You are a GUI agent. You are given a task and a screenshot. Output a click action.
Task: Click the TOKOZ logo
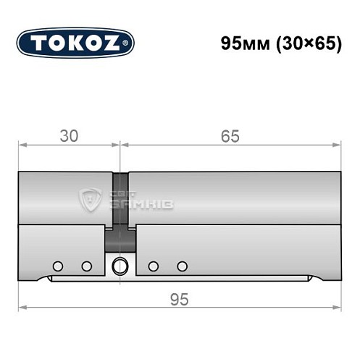tap(75, 42)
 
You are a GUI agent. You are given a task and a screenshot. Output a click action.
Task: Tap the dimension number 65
tap(230, 135)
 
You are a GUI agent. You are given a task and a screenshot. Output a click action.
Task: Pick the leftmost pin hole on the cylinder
tap(58, 266)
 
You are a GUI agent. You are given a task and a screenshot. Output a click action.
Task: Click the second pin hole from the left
tap(86, 266)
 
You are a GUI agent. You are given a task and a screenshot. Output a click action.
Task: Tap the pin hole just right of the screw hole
tap(153, 266)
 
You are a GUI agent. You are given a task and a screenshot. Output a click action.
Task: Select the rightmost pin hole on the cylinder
tap(182, 266)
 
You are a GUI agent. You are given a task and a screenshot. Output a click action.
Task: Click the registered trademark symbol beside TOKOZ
tap(129, 43)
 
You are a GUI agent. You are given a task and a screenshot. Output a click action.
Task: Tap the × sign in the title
tap(307, 43)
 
